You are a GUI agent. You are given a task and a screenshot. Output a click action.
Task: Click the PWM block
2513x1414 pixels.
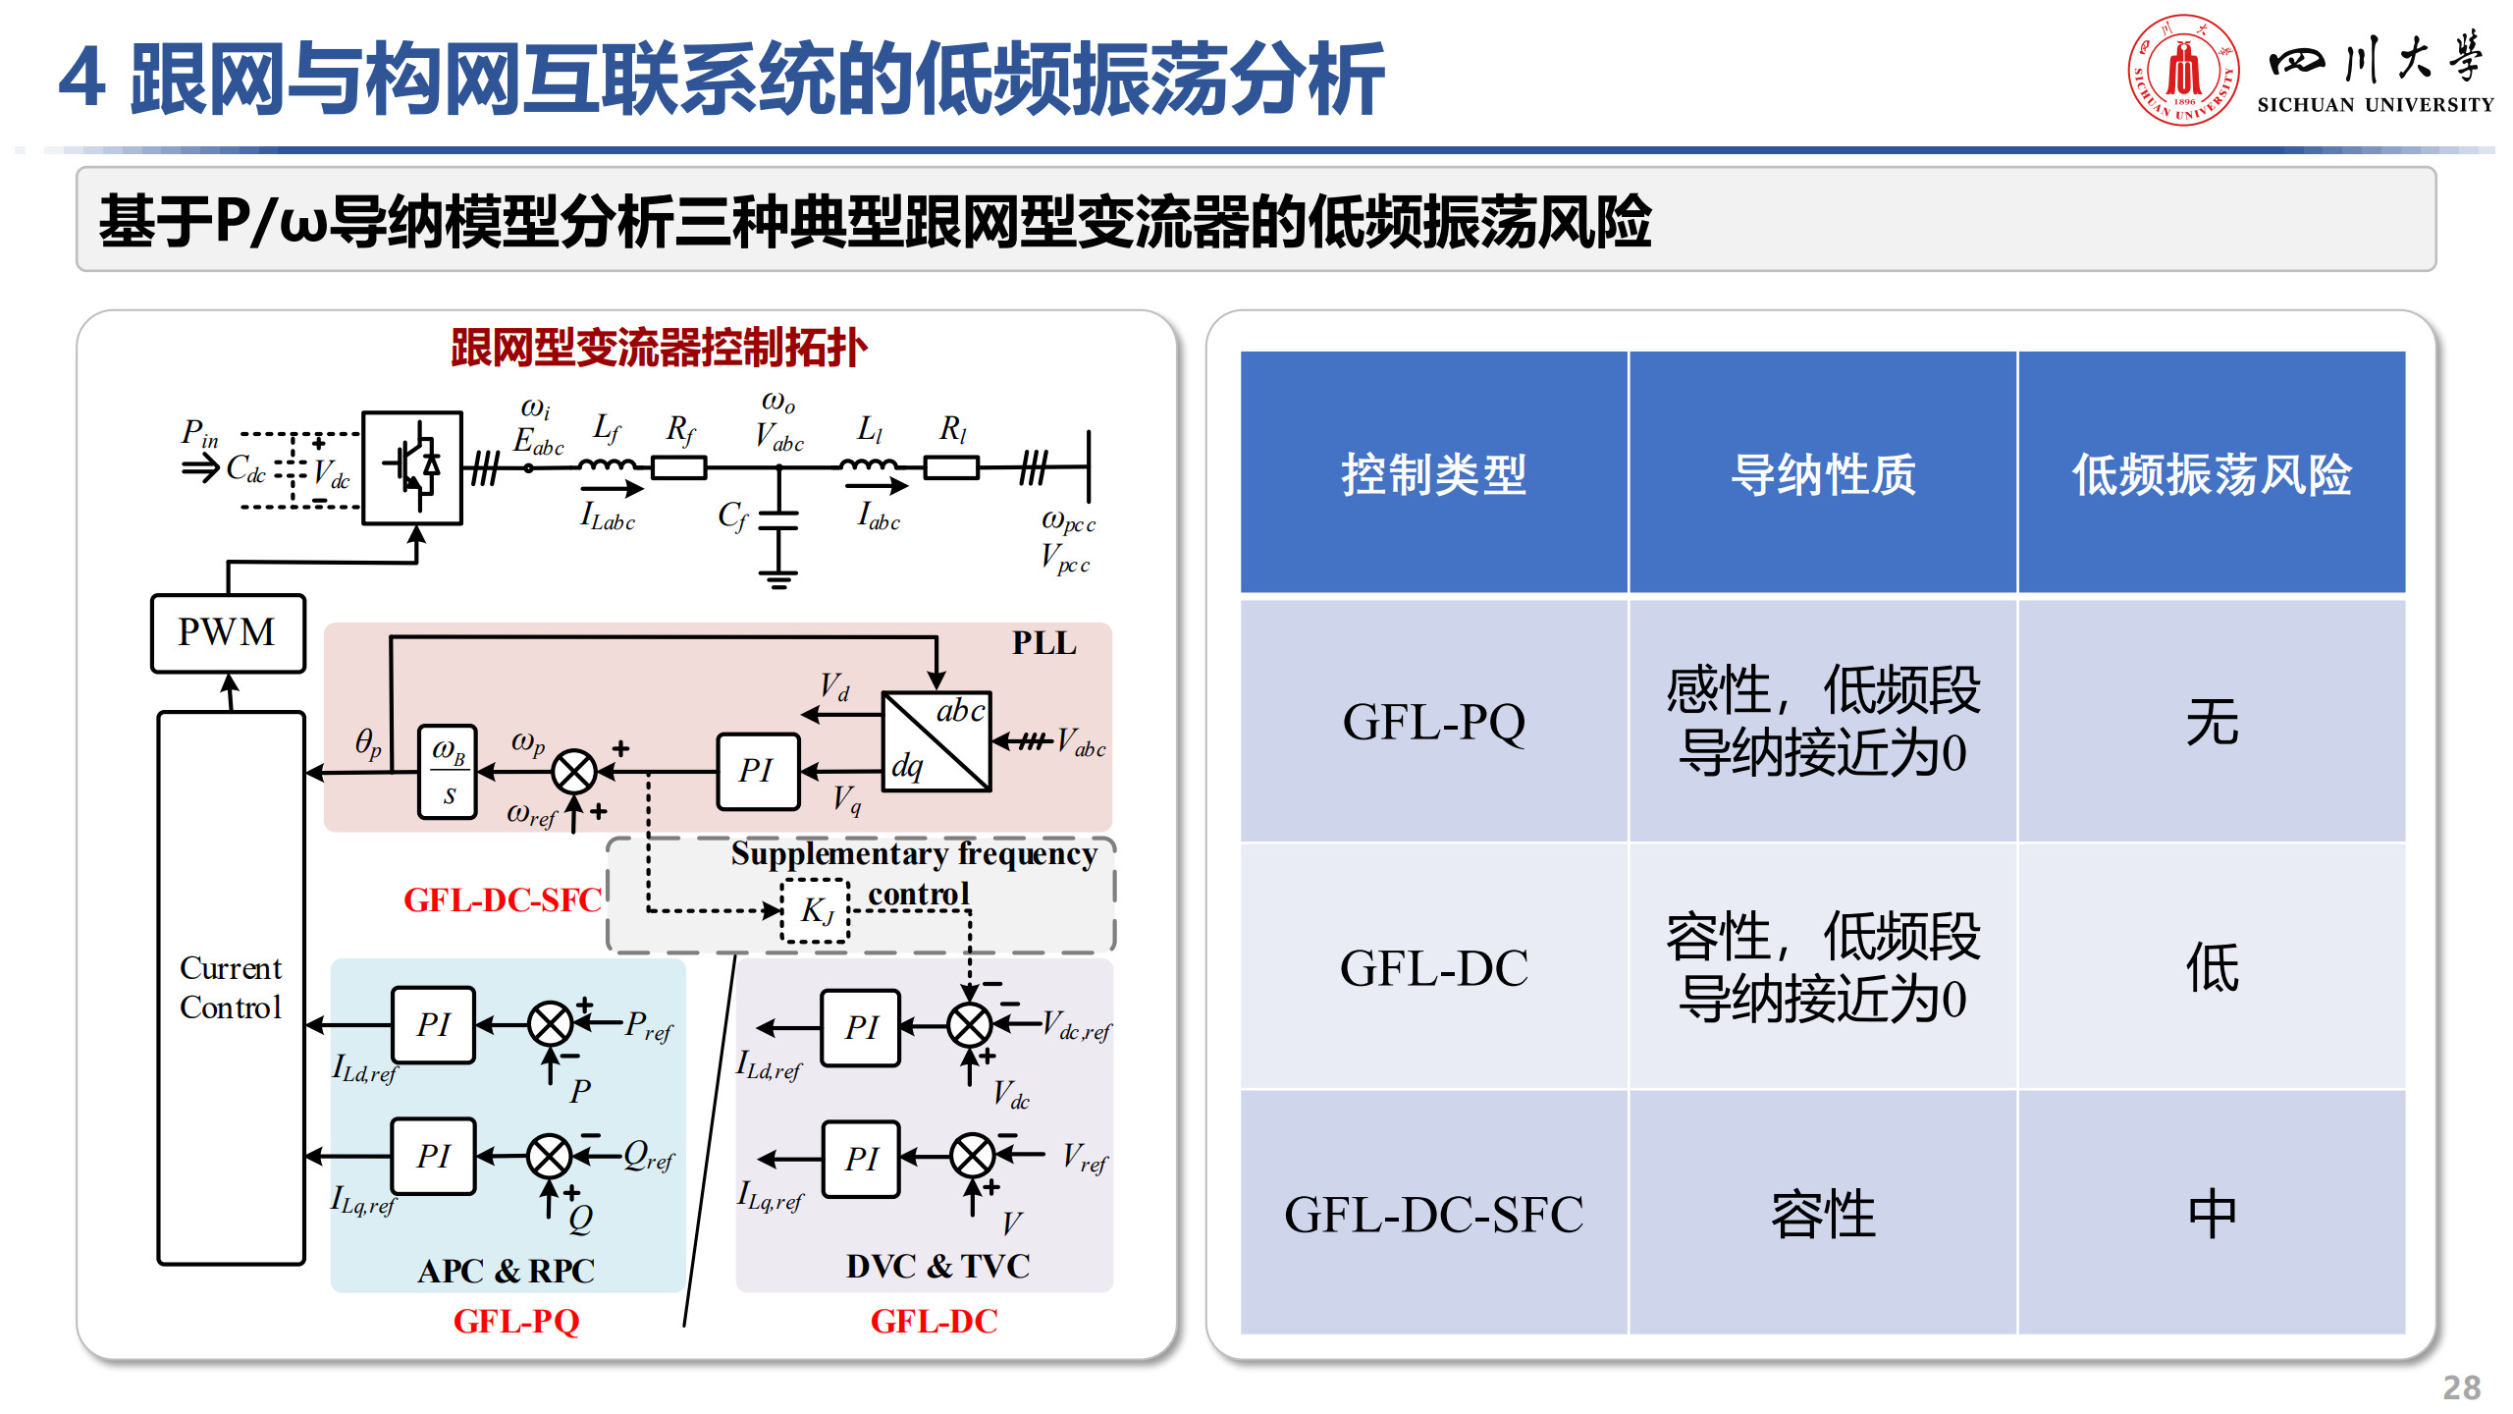(x=228, y=633)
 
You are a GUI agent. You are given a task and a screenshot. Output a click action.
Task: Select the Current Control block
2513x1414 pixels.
(x=232, y=988)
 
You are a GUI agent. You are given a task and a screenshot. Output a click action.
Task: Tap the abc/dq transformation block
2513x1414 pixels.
(x=936, y=741)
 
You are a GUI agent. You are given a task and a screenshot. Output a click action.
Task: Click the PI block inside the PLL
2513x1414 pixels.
(x=758, y=771)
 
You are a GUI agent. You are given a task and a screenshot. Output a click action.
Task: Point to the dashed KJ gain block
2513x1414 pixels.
(x=815, y=911)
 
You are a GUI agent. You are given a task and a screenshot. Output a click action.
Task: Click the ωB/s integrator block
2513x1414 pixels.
(x=448, y=772)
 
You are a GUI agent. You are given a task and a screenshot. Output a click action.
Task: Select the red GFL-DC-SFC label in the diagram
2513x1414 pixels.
(x=503, y=899)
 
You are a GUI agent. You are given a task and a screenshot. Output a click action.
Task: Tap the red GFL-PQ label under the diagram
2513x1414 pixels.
(x=516, y=1322)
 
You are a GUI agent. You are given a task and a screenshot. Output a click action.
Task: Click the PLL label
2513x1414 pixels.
(x=1043, y=643)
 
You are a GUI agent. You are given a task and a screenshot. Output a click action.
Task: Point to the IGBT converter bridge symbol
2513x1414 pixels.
(x=412, y=467)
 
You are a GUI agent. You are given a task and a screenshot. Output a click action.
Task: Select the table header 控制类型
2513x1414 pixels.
(x=1433, y=474)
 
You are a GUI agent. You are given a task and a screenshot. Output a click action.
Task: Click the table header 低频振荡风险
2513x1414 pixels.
(x=2212, y=474)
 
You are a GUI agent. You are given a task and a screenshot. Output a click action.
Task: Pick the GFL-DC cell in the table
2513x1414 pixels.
(x=1433, y=968)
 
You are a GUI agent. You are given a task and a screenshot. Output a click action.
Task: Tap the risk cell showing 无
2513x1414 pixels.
(x=2212, y=722)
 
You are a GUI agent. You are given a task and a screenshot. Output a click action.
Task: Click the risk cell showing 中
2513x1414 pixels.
(x=2212, y=1214)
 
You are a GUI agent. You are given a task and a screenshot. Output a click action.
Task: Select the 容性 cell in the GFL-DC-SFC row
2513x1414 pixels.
(x=1823, y=1214)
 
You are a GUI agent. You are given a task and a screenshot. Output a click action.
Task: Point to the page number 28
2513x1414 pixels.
(x=2461, y=1387)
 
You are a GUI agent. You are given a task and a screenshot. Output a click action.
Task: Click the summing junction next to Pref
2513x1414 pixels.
(x=550, y=1024)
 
